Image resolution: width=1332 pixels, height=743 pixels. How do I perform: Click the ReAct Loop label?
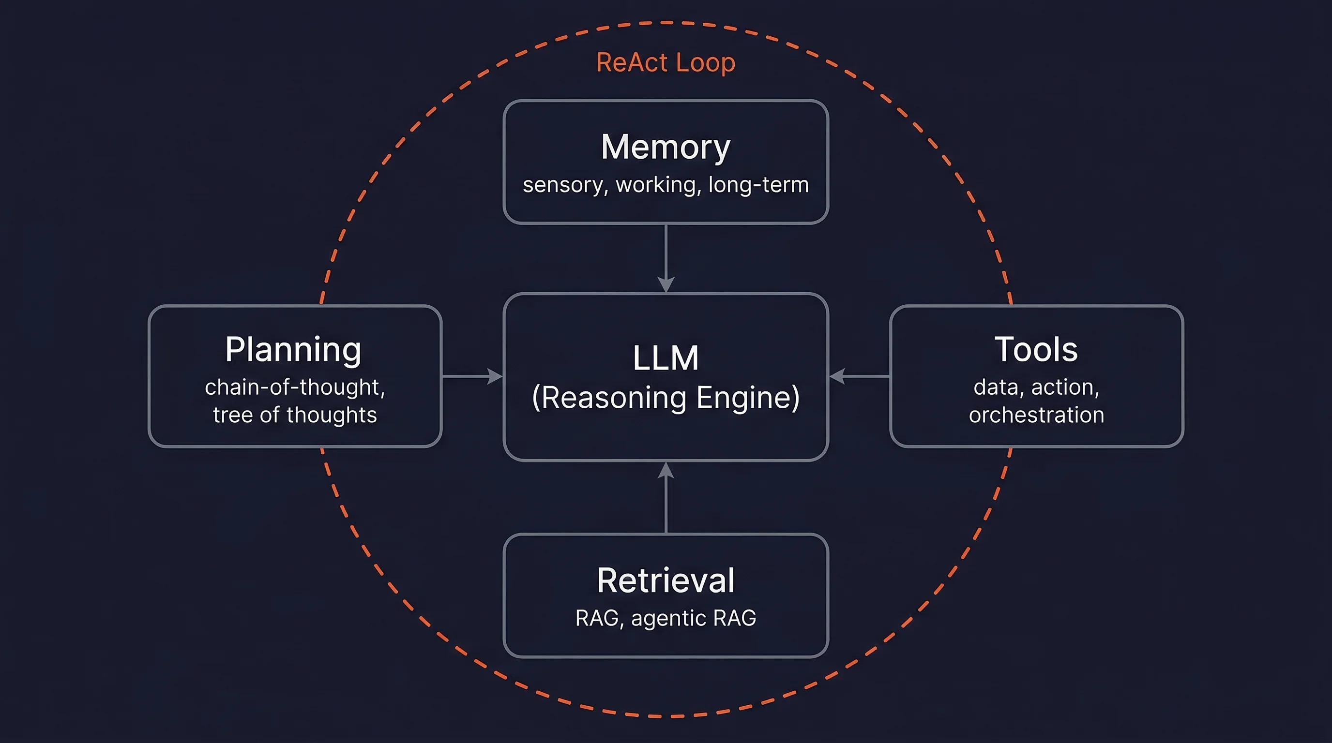tap(666, 63)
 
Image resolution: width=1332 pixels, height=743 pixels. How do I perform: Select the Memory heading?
tap(666, 147)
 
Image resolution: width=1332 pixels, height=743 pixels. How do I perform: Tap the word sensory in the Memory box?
tap(565, 185)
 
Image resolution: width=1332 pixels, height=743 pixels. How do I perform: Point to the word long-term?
tap(758, 184)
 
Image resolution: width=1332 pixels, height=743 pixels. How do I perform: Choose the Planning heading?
tap(293, 350)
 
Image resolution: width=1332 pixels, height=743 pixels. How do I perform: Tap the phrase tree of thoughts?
tap(295, 415)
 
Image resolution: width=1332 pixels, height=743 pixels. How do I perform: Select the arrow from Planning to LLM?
tap(471, 376)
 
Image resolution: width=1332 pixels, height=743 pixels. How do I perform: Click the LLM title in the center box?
tap(666, 357)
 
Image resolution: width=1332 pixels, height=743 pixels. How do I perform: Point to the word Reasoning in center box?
tap(614, 398)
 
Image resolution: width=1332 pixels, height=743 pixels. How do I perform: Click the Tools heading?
tap(1036, 350)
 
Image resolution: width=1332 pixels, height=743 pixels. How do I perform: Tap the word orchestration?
tap(1036, 415)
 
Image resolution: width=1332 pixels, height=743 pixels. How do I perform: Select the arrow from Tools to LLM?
tap(860, 376)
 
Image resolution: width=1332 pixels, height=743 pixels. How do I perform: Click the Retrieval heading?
tap(666, 580)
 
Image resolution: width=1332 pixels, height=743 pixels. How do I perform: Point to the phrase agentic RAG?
tap(694, 618)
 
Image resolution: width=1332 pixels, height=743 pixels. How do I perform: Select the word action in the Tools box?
tap(1064, 387)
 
